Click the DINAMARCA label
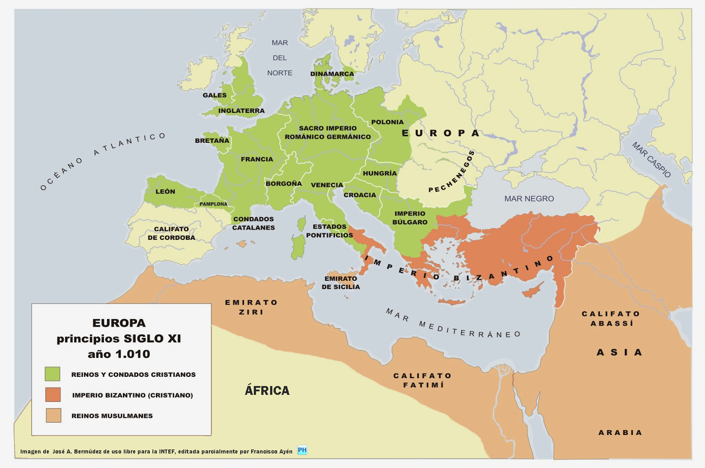click(x=332, y=74)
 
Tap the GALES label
click(x=215, y=95)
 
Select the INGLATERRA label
click(x=241, y=111)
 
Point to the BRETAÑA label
click(x=212, y=141)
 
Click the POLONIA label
click(x=387, y=122)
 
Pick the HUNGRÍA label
click(x=380, y=173)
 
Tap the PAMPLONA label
click(x=213, y=204)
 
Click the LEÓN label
click(x=165, y=192)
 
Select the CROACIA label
click(x=360, y=195)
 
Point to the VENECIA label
click(x=327, y=185)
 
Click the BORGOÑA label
click(x=284, y=183)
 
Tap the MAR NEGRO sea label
click(x=529, y=199)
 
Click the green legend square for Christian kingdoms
click(x=52, y=374)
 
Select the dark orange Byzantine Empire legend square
click(x=52, y=394)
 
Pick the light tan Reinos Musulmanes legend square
click(x=53, y=415)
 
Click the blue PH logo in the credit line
click(x=302, y=450)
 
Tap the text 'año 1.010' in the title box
click(x=119, y=354)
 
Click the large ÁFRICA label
click(x=267, y=390)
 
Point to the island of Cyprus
click(x=532, y=290)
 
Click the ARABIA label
click(x=620, y=432)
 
